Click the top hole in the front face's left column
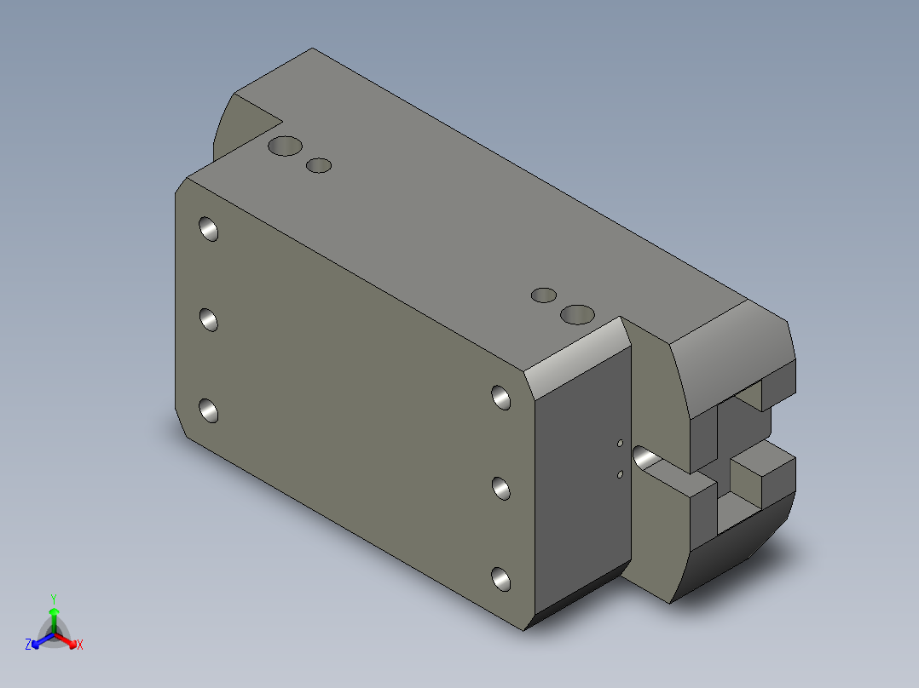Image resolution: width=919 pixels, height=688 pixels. (209, 228)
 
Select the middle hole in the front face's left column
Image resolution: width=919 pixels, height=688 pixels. (209, 319)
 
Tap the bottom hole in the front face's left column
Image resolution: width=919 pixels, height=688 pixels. (209, 410)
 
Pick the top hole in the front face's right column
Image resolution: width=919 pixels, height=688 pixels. (501, 398)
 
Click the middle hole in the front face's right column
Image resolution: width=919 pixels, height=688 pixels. (501, 489)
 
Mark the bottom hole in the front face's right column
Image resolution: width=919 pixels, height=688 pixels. (501, 579)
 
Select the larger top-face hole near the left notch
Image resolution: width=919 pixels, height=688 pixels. (285, 146)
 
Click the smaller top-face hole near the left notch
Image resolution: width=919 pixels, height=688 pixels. (319, 166)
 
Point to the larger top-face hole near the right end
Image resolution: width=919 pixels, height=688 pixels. (577, 314)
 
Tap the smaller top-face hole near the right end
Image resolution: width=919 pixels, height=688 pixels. (544, 295)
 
